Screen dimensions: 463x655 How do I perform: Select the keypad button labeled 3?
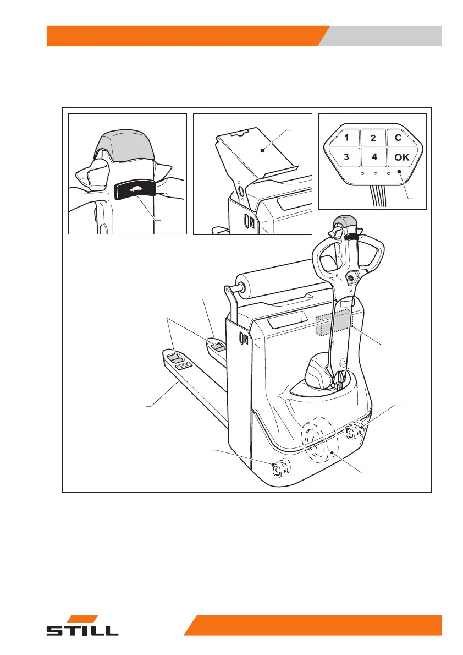(x=346, y=156)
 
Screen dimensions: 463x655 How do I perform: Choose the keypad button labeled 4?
(x=374, y=156)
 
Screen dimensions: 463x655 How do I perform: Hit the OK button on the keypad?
(x=401, y=157)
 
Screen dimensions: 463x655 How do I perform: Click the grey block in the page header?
(x=385, y=36)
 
